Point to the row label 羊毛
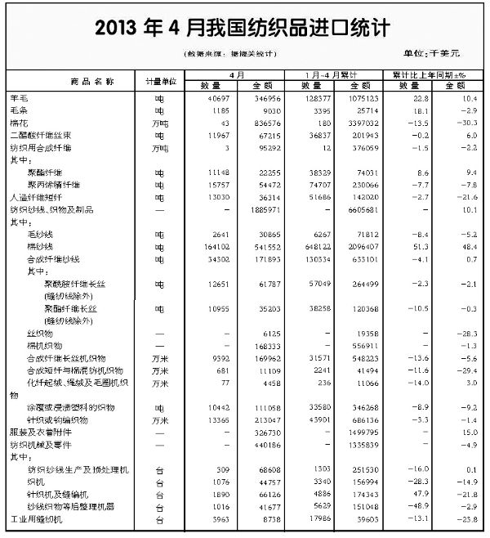(18, 97)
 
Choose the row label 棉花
(18, 120)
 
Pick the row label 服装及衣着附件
(36, 432)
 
